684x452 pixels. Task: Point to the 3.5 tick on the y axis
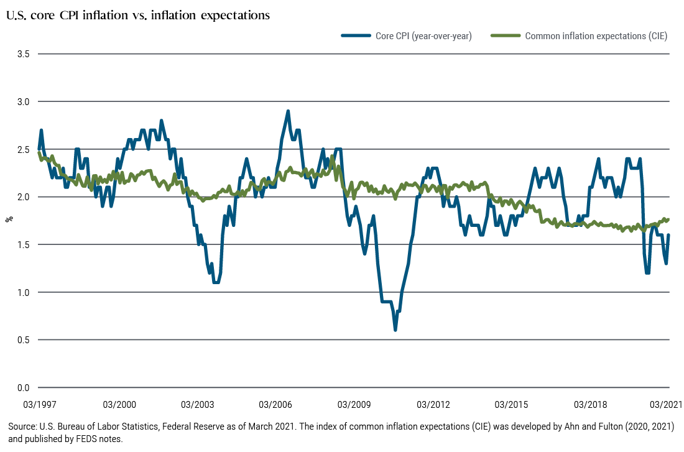tap(24, 54)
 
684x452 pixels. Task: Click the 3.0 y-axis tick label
tap(24, 101)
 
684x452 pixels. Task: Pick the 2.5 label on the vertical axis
tap(24, 149)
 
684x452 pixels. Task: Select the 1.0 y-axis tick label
tap(24, 292)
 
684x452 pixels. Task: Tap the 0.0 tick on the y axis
tap(24, 388)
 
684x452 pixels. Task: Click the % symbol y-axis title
tap(9, 219)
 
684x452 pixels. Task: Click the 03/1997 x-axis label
tap(39, 405)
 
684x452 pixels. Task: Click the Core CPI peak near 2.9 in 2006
tap(288, 111)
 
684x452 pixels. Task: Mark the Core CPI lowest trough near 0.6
tap(395, 330)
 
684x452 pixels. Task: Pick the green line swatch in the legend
tap(506, 36)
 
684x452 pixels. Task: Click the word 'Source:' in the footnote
tap(22, 427)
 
